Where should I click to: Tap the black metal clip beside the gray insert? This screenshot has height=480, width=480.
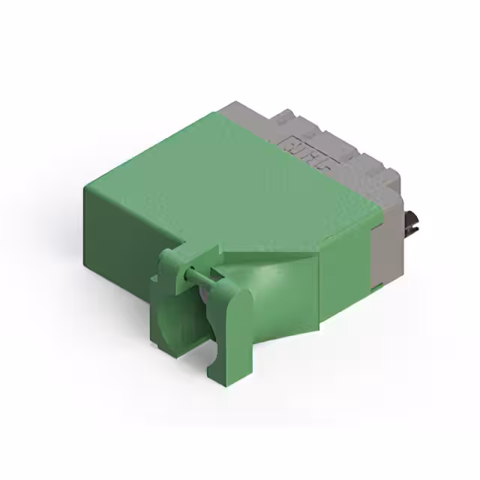click(x=412, y=220)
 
